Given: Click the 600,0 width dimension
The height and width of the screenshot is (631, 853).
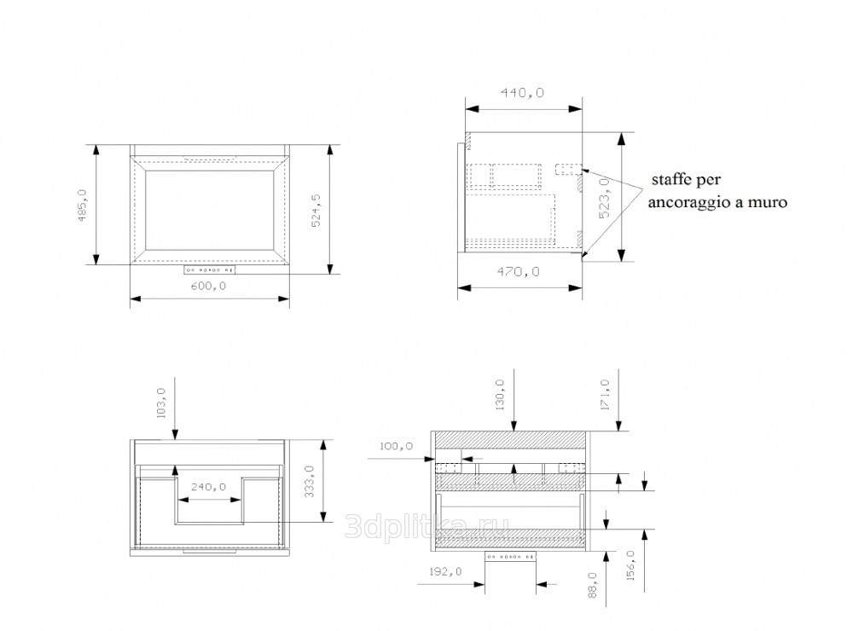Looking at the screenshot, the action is (208, 287).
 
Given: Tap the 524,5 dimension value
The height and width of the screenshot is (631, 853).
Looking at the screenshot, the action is (316, 210).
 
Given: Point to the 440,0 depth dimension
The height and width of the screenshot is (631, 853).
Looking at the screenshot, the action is (522, 92).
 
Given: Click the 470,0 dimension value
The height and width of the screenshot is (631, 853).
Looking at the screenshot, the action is (518, 271).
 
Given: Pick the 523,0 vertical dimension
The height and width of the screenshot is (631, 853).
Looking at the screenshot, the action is (604, 199).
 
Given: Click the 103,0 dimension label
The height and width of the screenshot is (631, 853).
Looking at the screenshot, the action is (161, 402).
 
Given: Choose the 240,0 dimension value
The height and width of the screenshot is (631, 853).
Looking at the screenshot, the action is (208, 487).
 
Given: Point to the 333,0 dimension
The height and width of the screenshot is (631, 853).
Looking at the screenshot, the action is (310, 481).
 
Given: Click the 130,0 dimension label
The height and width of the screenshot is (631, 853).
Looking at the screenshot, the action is (500, 395).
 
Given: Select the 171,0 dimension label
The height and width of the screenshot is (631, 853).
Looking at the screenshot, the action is (605, 395).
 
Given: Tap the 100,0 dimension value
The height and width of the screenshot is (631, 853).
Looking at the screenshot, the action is (396, 446).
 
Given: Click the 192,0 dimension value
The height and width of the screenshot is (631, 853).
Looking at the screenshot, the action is (445, 571).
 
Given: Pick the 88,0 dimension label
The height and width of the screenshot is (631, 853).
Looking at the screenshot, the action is (593, 585).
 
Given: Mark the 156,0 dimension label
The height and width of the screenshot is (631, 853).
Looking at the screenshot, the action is (630, 565).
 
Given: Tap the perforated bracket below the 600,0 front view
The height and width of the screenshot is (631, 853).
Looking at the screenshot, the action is (209, 269).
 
